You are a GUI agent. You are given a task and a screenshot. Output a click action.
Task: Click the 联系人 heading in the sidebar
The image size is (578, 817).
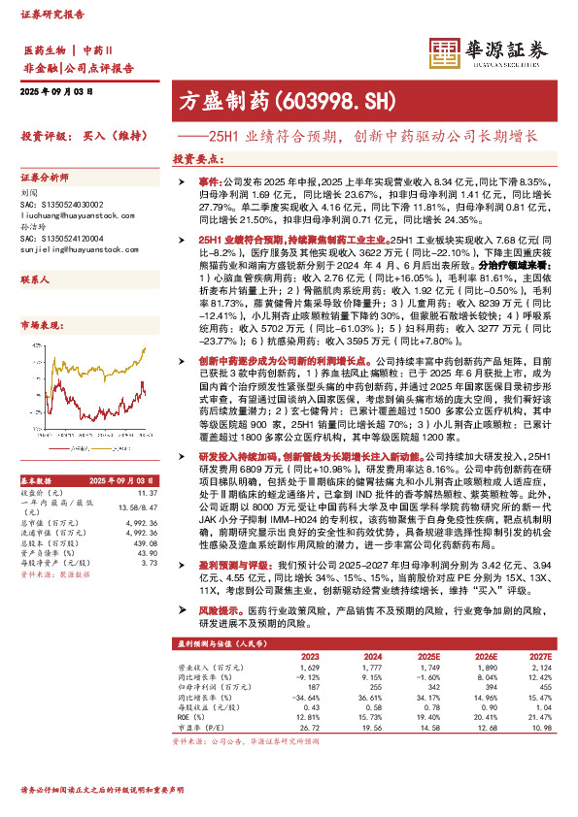[x=36, y=278]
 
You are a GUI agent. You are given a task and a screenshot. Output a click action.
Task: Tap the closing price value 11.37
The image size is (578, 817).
[x=148, y=494]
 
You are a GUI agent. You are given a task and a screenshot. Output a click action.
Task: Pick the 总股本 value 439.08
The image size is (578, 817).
[x=144, y=542]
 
